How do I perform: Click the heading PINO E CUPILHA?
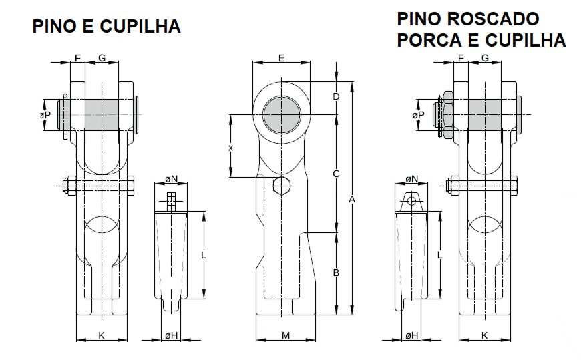[107, 27]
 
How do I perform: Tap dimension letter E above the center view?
[281, 59]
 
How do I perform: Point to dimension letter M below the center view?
[285, 335]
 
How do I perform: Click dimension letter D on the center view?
[337, 97]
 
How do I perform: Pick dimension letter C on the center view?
[337, 174]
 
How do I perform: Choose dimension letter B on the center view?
[337, 273]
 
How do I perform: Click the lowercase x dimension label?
[231, 147]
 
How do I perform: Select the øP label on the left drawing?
[45, 115]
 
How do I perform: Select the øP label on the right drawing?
[418, 115]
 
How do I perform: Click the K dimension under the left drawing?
[102, 335]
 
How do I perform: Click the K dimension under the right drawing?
[484, 335]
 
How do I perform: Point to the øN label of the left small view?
[172, 179]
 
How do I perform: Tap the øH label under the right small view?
[411, 335]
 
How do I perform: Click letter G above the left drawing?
[102, 59]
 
